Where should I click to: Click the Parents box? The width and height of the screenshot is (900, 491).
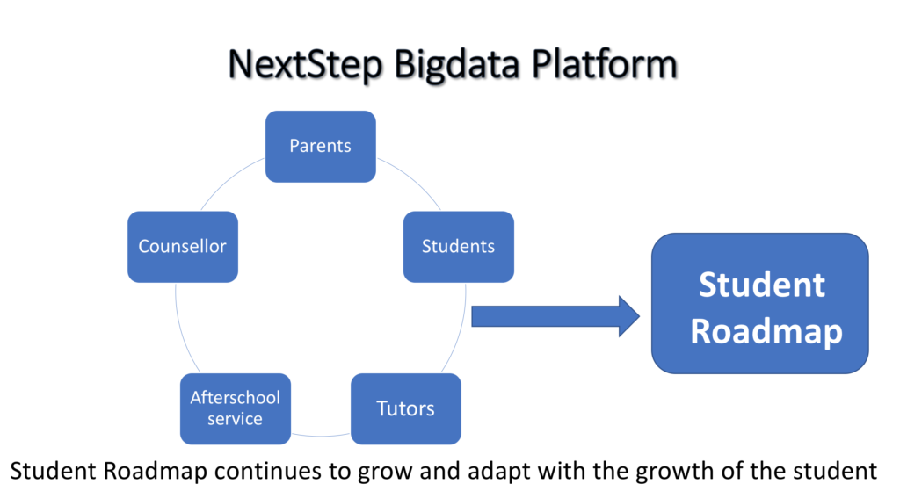click(x=320, y=147)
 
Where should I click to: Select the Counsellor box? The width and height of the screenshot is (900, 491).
click(x=183, y=247)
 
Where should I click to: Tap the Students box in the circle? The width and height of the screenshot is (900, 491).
click(x=459, y=247)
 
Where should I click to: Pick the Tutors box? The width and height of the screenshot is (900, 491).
click(x=406, y=409)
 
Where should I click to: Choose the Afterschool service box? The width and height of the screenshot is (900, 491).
click(x=236, y=409)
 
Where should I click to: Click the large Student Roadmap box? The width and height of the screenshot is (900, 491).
click(x=760, y=303)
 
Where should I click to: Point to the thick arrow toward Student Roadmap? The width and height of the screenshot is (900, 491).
click(x=555, y=316)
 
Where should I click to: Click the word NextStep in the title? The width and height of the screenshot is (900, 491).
click(x=305, y=65)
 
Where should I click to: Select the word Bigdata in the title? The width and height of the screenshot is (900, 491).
click(x=457, y=65)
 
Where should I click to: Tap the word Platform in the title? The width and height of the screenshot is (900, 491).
click(x=605, y=63)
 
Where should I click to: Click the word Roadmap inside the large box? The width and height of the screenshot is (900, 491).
click(x=766, y=332)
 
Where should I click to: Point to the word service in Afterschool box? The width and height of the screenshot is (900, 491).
click(x=235, y=419)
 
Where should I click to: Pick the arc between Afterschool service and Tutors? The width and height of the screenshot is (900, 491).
click(x=321, y=436)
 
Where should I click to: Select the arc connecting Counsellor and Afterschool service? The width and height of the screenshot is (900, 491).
click(x=183, y=329)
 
